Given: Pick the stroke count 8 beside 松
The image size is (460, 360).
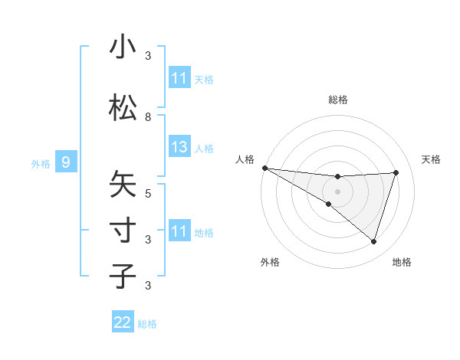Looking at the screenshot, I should pos(148,117).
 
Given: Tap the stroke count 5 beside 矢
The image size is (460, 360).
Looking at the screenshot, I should pos(148,193).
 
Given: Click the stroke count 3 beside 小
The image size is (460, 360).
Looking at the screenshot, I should pos(148,56).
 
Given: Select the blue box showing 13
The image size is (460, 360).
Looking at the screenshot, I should pos(179,146).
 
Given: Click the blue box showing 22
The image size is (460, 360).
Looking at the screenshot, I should pos(123,322).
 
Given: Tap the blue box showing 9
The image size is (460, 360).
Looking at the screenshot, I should pos(66,162).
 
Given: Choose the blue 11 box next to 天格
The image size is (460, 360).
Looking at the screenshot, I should pos(179,78).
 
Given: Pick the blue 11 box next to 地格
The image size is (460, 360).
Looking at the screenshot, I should pos(179,231).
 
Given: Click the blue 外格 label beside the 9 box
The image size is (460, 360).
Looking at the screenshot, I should pos(40,163).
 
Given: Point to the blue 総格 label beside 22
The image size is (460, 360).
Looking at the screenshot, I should pos(147,324).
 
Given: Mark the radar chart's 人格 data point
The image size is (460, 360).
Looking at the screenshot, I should pos(264,168).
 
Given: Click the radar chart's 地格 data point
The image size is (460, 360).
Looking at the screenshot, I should pos(374,241).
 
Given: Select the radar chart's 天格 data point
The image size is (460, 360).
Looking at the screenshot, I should pos(396,172).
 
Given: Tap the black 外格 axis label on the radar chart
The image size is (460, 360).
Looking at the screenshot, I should pos(270,262).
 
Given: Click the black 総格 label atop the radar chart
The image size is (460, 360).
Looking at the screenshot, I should pos(337,100).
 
